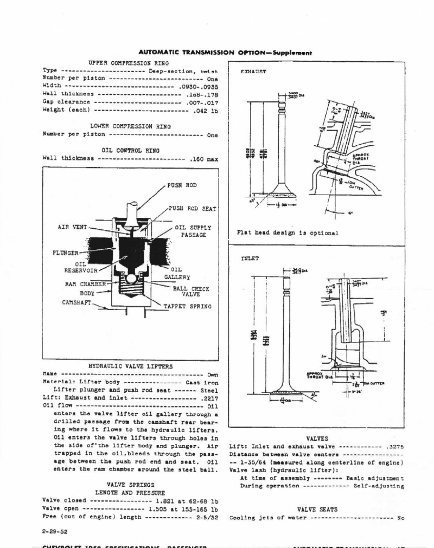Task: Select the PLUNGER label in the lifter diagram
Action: pyautogui.click(x=66, y=253)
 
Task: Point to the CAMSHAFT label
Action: pyautogui.click(x=76, y=302)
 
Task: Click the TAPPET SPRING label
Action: pyautogui.click(x=188, y=306)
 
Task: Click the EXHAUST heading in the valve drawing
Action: pyautogui.click(x=253, y=72)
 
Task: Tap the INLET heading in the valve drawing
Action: pyautogui.click(x=250, y=259)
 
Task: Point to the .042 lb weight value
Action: pyautogui.click(x=206, y=110)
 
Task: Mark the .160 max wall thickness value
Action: pyautogui.click(x=204, y=159)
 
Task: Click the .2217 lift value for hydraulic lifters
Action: pyautogui.click(x=209, y=397)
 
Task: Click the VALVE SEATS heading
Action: pyautogui.click(x=317, y=509)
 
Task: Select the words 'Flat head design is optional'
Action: pyautogui.click(x=288, y=233)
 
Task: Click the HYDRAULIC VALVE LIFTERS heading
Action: pyautogui.click(x=130, y=366)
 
